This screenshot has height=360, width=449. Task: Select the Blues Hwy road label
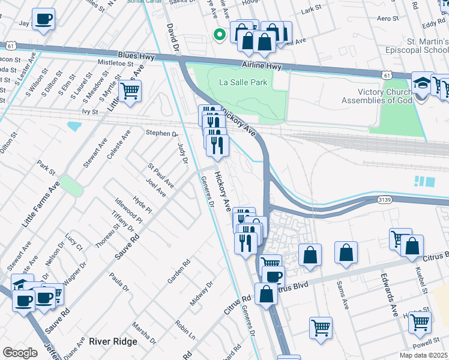click(136, 54)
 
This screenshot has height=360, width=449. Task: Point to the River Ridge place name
click(113, 341)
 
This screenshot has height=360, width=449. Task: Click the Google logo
click(20, 353)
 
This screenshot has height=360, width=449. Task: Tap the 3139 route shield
click(385, 199)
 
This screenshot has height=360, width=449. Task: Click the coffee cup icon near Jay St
click(43, 19)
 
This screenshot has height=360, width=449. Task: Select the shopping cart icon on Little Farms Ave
click(130, 91)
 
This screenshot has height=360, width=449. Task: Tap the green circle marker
click(220, 35)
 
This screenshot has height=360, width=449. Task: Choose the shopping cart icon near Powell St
click(420, 322)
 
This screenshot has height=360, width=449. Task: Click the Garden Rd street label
click(178, 271)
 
